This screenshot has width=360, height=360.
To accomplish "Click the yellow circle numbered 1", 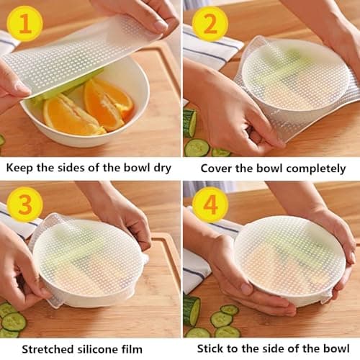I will click(24, 24).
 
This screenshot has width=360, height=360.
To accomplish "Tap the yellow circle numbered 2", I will click(210, 24).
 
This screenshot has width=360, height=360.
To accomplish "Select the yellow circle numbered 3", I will click(24, 203).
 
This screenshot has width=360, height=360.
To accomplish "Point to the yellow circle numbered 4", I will click(210, 204).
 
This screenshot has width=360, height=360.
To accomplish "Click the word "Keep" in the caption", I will click(22, 168).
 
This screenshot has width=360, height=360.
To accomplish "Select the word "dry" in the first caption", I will click(160, 168).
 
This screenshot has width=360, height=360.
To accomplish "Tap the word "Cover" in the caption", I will click(219, 168).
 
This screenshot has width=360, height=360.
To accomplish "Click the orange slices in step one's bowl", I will click(86, 108).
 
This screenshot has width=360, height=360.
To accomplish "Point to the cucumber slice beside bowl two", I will click(196, 147).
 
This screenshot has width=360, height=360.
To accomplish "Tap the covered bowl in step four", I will click(288, 259).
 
